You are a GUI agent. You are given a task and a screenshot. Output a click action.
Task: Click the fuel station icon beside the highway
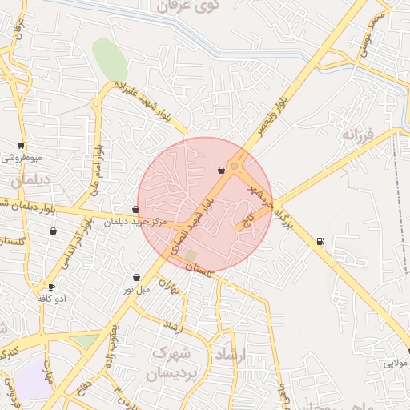[320, 240]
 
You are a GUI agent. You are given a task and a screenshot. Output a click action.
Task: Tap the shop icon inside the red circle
[221, 170]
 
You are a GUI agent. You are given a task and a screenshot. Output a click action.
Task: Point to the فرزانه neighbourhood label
[358, 132]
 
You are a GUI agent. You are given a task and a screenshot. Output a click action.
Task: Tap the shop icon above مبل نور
[136, 277]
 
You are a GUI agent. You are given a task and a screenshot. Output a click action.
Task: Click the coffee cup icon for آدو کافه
[52, 287]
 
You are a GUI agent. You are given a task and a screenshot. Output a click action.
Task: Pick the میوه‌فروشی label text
[22, 158]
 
